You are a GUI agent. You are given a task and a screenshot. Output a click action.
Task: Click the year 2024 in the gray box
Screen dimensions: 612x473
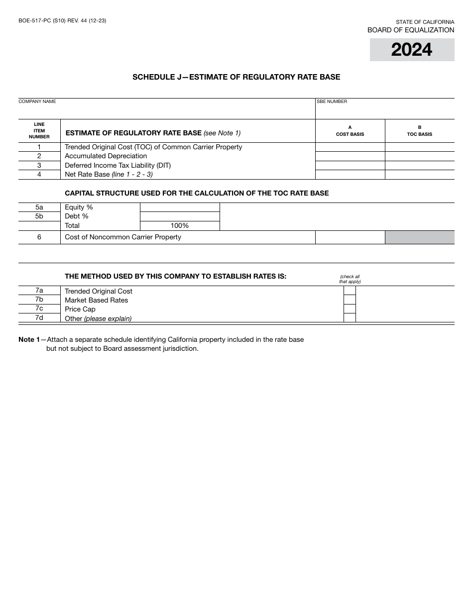(412, 50)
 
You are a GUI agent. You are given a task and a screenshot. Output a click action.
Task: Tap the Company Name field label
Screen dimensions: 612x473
(37, 102)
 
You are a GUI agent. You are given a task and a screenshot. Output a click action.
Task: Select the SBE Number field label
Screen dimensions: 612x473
(332, 102)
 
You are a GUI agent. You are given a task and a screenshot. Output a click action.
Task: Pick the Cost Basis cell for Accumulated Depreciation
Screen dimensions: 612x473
(350, 156)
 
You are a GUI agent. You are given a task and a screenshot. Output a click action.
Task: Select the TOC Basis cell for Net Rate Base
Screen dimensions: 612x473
(420, 175)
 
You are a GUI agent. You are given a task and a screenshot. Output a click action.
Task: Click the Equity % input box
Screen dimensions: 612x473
(180, 207)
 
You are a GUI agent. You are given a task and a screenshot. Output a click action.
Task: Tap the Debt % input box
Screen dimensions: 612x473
(180, 216)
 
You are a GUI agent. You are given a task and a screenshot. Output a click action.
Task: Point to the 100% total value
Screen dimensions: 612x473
(180, 226)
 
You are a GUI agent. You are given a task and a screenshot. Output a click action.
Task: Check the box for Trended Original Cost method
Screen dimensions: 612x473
(350, 291)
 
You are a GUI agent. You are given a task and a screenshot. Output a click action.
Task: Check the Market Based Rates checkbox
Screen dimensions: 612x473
(350, 300)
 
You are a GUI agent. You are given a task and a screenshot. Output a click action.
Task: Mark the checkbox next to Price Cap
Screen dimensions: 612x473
(350, 309)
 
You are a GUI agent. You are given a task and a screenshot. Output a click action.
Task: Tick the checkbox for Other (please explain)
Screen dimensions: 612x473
(350, 318)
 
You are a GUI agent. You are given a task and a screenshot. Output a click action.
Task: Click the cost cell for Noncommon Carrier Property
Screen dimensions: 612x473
(350, 237)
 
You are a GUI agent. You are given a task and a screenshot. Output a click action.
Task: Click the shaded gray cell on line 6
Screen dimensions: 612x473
(420, 237)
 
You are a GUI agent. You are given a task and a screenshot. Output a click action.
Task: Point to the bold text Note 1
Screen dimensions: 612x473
(29, 340)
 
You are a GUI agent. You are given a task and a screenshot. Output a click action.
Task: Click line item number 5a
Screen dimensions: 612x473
(39, 207)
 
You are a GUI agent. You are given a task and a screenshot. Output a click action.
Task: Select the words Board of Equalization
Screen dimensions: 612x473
(411, 30)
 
